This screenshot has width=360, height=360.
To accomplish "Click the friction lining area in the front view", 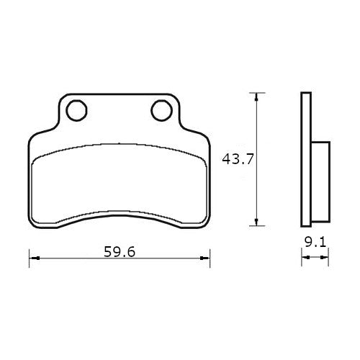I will [x=119, y=184].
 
